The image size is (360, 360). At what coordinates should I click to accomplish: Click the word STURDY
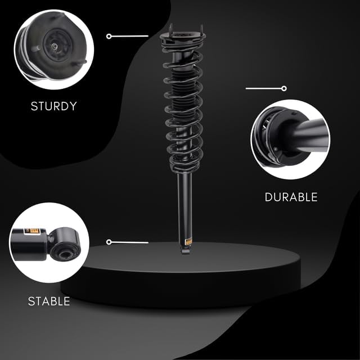tap(54, 106)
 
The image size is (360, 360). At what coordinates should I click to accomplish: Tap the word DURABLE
tap(291, 197)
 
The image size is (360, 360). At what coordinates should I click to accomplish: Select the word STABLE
tap(49, 301)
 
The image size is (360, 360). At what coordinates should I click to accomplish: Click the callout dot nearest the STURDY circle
tap(109, 36)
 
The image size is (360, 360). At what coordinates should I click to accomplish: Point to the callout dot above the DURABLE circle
tap(284, 88)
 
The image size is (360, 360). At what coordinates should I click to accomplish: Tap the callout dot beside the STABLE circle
tap(109, 242)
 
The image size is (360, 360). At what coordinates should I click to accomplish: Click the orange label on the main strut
tap(189, 242)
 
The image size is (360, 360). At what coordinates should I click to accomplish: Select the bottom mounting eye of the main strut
tap(186, 251)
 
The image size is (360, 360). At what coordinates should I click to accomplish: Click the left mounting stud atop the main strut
tap(171, 29)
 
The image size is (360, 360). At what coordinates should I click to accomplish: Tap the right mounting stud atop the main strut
tap(201, 30)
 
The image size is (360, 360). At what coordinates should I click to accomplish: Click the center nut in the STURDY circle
tap(55, 47)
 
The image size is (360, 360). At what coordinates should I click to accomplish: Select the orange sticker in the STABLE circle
tap(32, 232)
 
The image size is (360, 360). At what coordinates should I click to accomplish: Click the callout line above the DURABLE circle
tap(264, 88)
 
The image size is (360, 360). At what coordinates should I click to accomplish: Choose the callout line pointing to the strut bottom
tap(130, 242)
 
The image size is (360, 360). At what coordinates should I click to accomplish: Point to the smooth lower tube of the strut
tap(185, 206)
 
